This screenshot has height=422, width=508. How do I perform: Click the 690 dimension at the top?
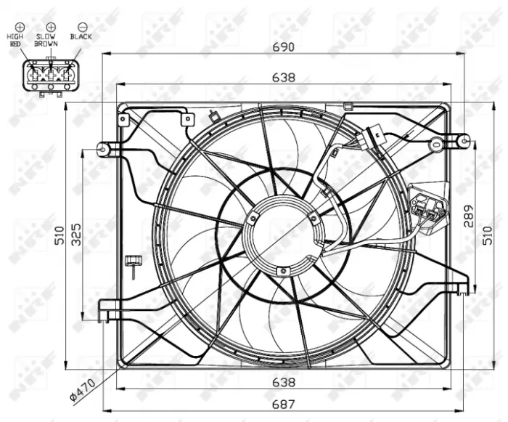[x=283, y=47]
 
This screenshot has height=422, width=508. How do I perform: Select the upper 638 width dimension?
[x=283, y=75]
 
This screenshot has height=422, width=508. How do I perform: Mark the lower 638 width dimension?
[x=283, y=381]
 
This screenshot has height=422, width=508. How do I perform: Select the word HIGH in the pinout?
[x=16, y=36]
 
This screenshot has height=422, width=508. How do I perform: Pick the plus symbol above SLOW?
[x=51, y=26]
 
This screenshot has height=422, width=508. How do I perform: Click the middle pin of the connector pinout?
[x=50, y=73]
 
